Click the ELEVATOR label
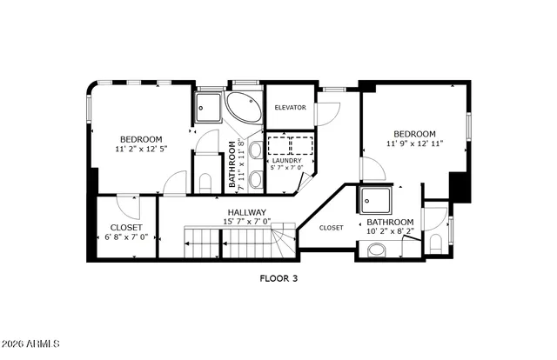(290, 108)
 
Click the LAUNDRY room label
(286, 161)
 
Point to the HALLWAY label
(247, 212)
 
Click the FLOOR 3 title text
(278, 279)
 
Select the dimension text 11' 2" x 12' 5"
(141, 149)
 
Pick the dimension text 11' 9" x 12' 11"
(415, 143)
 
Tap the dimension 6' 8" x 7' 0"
(127, 237)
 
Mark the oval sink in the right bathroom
(377, 250)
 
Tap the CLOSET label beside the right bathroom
(332, 228)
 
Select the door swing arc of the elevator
(326, 113)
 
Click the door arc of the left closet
(126, 205)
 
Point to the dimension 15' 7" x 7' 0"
(248, 222)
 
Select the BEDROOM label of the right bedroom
(415, 134)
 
